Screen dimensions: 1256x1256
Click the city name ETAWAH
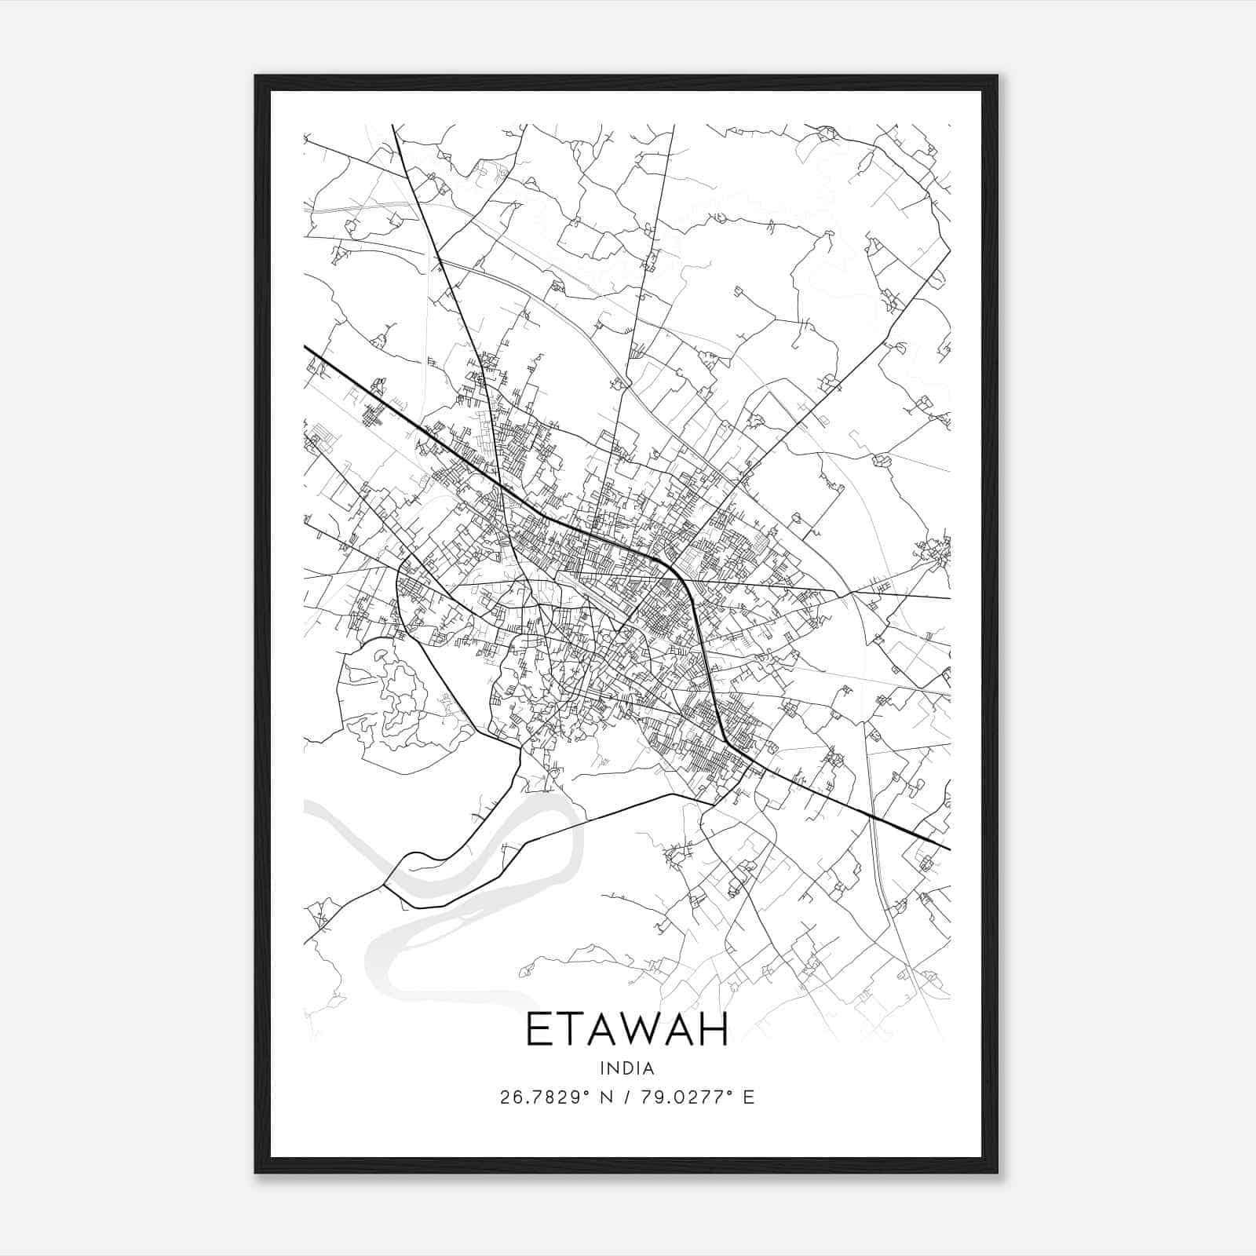pyautogui.click(x=626, y=1029)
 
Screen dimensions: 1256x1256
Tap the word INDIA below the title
pyautogui.click(x=626, y=1068)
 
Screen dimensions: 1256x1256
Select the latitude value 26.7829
pyautogui.click(x=538, y=1097)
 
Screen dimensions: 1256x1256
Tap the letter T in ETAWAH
pyautogui.click(x=564, y=1029)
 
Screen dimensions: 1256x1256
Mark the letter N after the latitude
pyautogui.click(x=605, y=1097)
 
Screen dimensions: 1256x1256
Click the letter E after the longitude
pyautogui.click(x=748, y=1097)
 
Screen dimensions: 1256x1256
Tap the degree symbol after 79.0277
pyautogui.click(x=731, y=1092)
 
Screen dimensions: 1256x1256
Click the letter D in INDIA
pyautogui.click(x=626, y=1068)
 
